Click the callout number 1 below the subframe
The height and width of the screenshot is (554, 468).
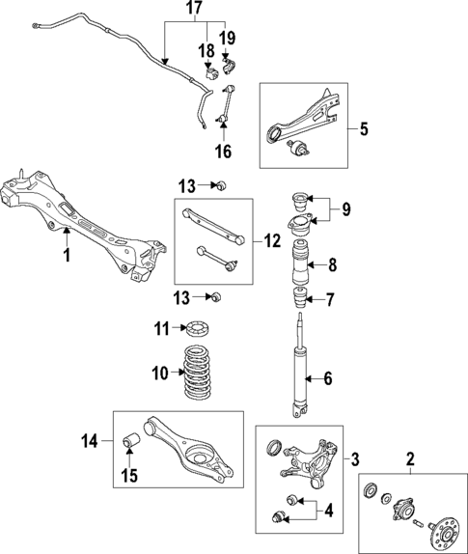pyautogui.click(x=66, y=256)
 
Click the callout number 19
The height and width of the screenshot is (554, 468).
pyautogui.click(x=228, y=40)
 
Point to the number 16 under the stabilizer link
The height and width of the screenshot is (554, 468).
pyautogui.click(x=223, y=151)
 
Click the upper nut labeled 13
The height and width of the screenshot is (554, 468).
pyautogui.click(x=219, y=185)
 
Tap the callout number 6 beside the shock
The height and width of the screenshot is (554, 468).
pyautogui.click(x=328, y=379)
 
